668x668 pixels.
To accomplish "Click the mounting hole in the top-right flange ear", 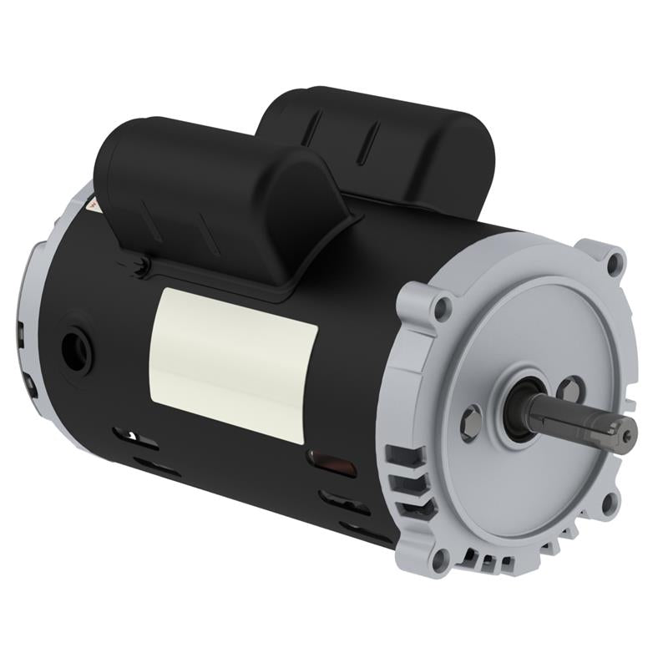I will [615, 264].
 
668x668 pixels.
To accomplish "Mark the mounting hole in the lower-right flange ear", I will [610, 501].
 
